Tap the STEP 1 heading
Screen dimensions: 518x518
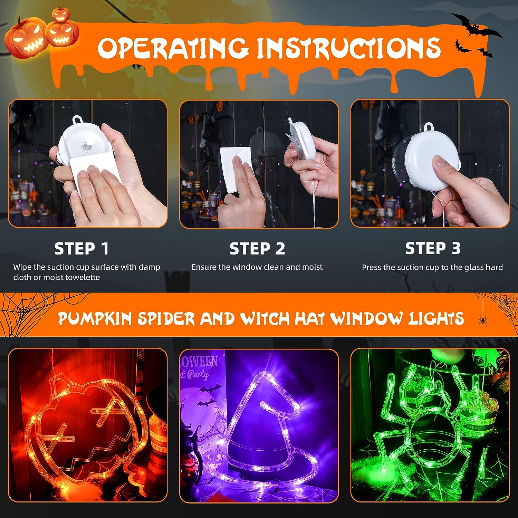pyautogui.click(x=81, y=248)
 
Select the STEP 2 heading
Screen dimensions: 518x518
pyautogui.click(x=257, y=248)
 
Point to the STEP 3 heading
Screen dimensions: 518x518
pyautogui.click(x=433, y=248)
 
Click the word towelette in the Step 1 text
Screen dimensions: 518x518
pyautogui.click(x=83, y=277)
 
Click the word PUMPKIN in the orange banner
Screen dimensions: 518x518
pyautogui.click(x=95, y=318)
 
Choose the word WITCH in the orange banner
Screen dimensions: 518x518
pyautogui.click(x=265, y=318)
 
